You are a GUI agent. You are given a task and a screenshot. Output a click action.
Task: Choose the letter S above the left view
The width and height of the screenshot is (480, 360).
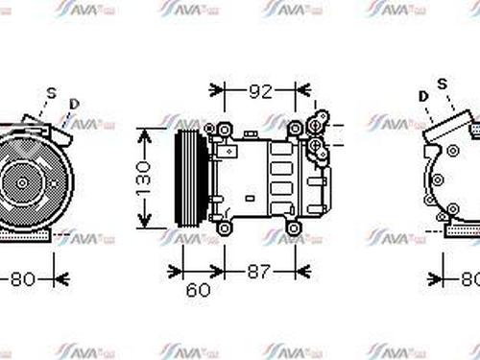(52, 92)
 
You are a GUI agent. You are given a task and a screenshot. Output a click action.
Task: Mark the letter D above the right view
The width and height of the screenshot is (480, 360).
(423, 97)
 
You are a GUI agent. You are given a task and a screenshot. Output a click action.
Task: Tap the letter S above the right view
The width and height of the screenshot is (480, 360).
(443, 85)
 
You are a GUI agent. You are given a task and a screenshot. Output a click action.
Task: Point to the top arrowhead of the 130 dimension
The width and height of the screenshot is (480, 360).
(143, 131)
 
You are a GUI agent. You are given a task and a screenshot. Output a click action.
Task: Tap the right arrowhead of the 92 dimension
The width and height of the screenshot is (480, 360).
(304, 93)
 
